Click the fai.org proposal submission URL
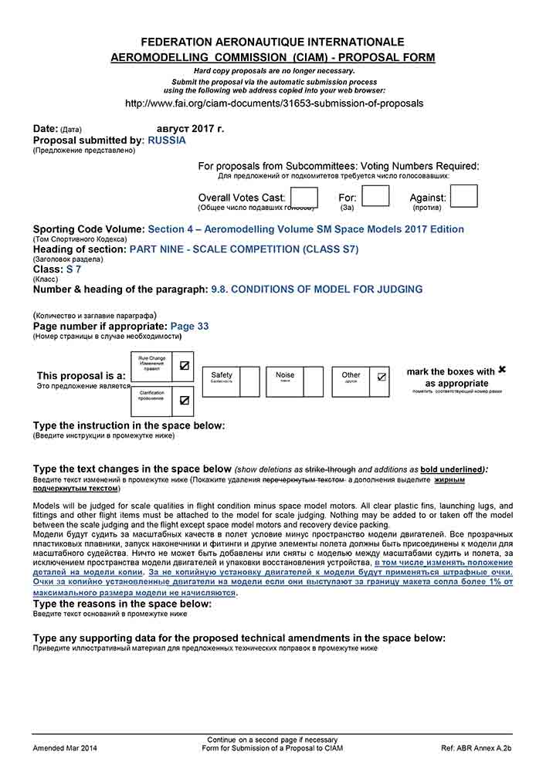(x=273, y=103)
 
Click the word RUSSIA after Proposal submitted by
(x=167, y=141)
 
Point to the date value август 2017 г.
(x=190, y=129)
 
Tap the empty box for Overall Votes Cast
(x=303, y=197)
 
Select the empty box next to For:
(x=375, y=196)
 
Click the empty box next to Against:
(x=464, y=196)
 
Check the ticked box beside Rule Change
(x=184, y=366)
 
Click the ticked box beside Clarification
(x=184, y=401)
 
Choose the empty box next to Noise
(x=314, y=381)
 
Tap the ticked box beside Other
(x=381, y=378)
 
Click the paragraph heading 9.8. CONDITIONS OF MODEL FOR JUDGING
(x=317, y=289)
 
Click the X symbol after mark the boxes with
(x=502, y=371)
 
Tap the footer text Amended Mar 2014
(x=65, y=749)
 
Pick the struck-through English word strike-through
(x=331, y=469)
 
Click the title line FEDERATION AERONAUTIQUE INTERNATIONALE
(x=273, y=42)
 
